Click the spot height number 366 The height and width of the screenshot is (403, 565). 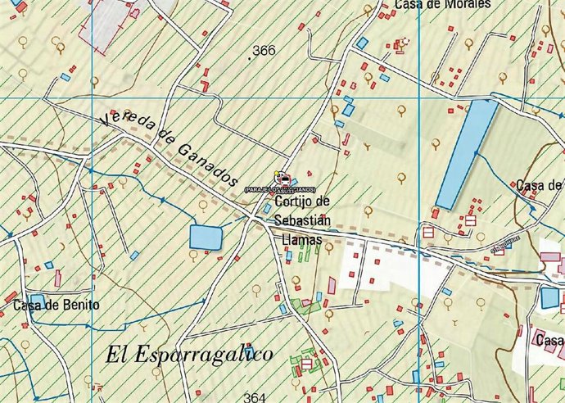264,51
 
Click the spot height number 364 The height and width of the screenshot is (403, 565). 255,397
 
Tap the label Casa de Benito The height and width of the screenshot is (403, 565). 56,306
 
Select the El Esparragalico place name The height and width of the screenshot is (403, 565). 189,354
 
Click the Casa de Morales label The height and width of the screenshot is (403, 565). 442,4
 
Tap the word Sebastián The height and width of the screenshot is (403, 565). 303,220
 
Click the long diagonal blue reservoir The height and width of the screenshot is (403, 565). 466,154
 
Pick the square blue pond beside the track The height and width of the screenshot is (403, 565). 206,237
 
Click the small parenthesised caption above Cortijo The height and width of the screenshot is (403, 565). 279,189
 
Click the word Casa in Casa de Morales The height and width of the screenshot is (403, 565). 409,4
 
